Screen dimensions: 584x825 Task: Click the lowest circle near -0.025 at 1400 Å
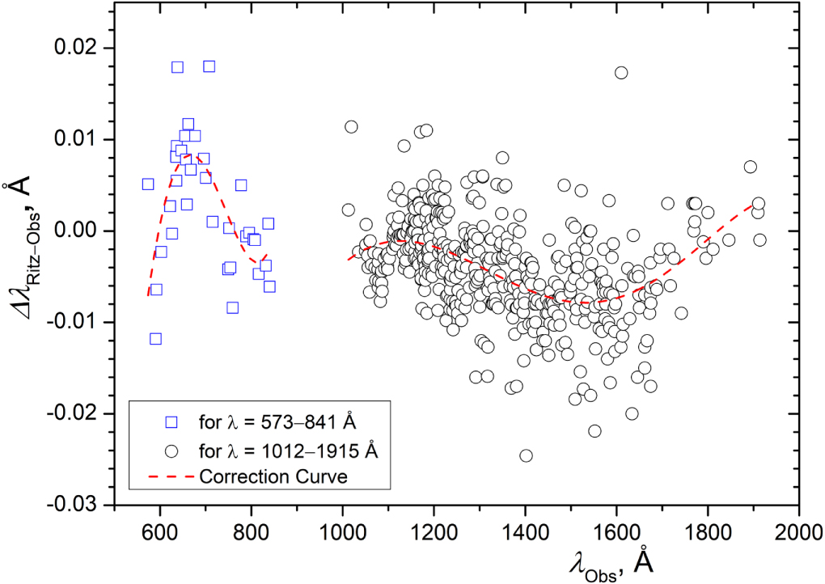tap(526, 455)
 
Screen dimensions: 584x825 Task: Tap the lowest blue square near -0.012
tap(155, 338)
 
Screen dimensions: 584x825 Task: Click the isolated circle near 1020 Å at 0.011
tap(351, 126)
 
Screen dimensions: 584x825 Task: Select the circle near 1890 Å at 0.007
tap(750, 167)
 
